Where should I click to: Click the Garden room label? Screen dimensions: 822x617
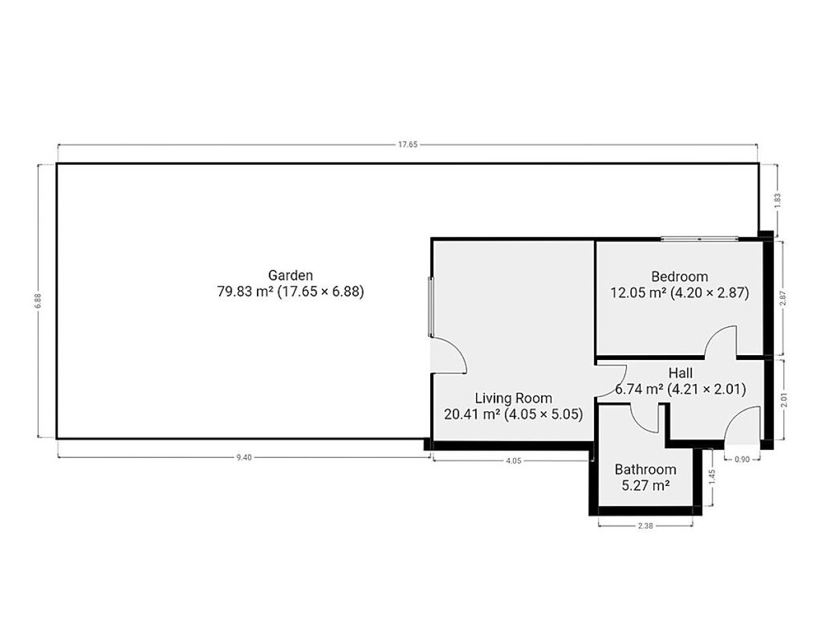coord(291,276)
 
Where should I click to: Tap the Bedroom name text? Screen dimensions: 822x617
coord(679,276)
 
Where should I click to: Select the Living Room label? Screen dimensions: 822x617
coord(513,398)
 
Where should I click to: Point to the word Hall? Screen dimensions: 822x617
coord(681,373)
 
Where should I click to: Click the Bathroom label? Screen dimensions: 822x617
coord(645,469)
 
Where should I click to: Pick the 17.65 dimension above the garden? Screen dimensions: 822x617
coord(407,145)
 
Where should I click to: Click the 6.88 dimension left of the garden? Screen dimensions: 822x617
coord(39,300)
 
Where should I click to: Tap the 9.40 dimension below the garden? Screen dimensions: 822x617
coord(244,457)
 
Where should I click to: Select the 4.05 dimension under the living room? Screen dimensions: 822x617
coord(513,460)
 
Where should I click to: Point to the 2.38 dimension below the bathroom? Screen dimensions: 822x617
coord(645,525)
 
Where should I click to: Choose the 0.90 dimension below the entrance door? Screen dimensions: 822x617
coord(742,459)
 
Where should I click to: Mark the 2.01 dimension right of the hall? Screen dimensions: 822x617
coord(783,401)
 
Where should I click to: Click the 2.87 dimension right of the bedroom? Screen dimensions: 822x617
coord(783,299)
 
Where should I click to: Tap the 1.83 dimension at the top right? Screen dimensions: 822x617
coord(778,201)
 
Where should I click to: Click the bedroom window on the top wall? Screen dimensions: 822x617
coord(699,239)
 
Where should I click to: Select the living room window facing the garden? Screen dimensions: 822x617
coord(431,307)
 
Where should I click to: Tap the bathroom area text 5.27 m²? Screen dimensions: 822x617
coord(645,485)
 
